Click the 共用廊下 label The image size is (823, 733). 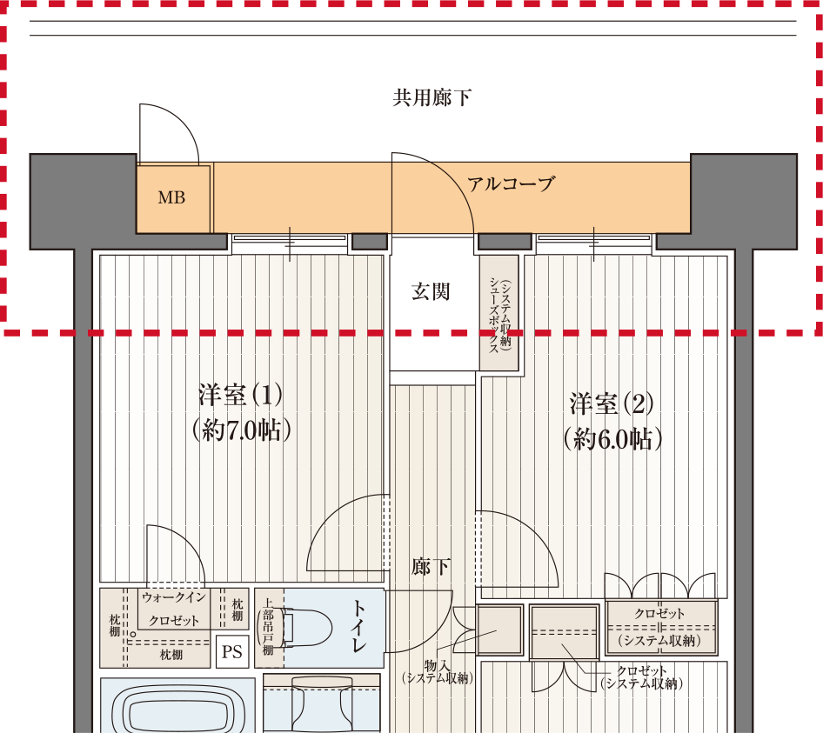coord(432,97)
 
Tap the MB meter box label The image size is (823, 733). coord(171,197)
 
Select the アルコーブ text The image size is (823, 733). coord(511,183)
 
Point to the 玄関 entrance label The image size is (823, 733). coord(431,292)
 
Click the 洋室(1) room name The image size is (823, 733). coord(240,395)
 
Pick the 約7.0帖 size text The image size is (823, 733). coord(241,430)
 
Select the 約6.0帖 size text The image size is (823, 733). coord(612,439)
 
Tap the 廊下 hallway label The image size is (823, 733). coord(431,567)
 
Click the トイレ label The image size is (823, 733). coord(359,626)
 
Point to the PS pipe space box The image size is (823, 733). coord(232,651)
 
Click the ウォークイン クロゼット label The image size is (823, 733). coord(174,609)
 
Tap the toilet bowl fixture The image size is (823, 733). coord(306,627)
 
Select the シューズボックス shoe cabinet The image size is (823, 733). coord(499,313)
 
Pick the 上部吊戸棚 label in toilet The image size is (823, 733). coord(268,627)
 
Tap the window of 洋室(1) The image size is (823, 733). coord(290,237)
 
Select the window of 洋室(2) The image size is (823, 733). coord(593,237)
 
